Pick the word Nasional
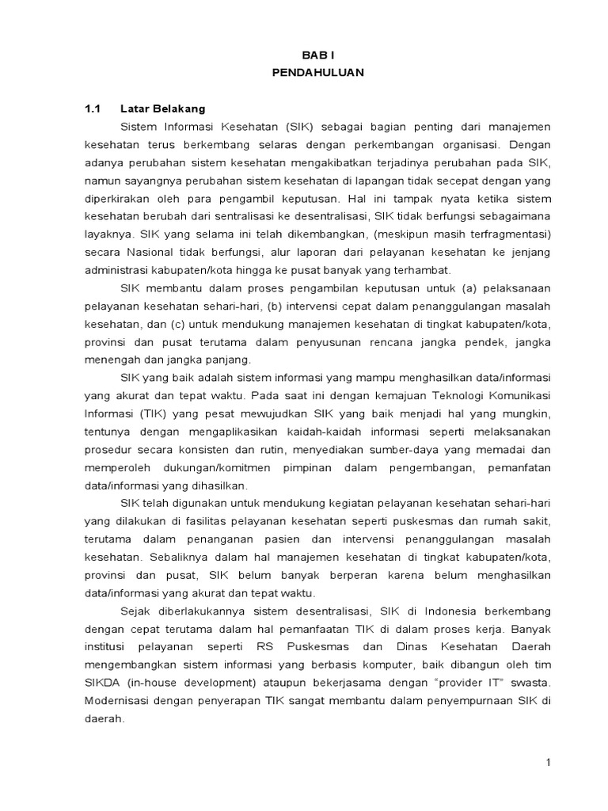(x=153, y=253)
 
